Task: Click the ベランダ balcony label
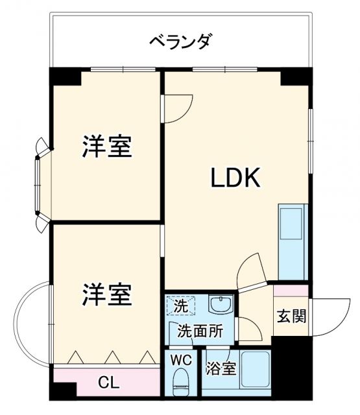(x=180, y=42)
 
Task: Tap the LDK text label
(x=234, y=178)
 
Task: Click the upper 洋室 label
(x=106, y=147)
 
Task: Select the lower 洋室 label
(x=106, y=296)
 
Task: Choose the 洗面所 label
(x=200, y=331)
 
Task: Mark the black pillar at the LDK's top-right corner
(x=296, y=77)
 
